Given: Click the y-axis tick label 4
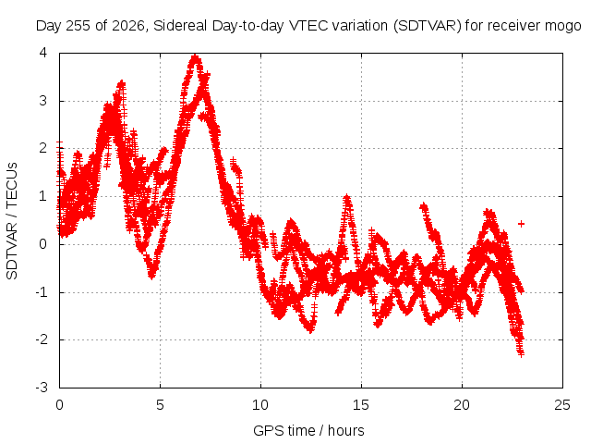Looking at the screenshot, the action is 43,53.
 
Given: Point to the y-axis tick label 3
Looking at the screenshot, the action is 43,101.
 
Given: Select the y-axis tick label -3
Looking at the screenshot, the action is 42,388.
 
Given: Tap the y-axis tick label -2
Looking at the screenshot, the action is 42,339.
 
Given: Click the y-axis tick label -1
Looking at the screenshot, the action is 42,292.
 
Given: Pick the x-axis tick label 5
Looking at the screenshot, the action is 160,405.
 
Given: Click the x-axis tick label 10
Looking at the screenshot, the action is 260,405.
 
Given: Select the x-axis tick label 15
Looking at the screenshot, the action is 361,405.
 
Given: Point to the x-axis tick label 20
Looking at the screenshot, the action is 462,405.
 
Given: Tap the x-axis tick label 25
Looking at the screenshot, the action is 562,405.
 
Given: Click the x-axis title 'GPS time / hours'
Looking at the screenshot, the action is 308,430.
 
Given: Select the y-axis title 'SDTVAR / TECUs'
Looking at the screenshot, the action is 12,221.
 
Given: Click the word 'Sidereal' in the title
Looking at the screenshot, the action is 180,26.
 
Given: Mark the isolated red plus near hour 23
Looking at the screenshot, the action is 521,224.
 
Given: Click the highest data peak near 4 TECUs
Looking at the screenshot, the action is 195,57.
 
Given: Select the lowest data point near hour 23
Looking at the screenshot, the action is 521,353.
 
